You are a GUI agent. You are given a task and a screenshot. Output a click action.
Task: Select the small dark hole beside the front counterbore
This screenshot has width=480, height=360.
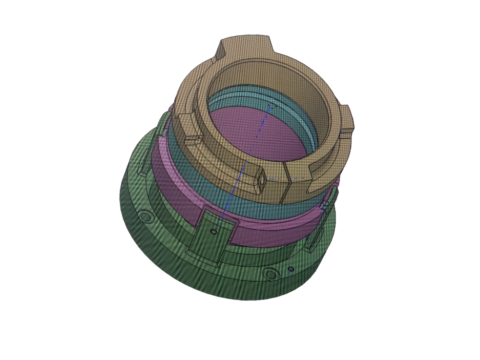(x=290, y=270)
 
